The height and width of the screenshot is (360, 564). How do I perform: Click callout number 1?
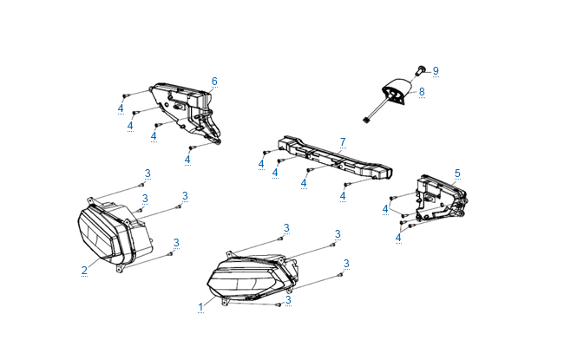coord(200,307)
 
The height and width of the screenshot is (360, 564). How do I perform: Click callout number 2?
coord(84,270)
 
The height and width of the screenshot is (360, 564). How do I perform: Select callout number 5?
coord(457,173)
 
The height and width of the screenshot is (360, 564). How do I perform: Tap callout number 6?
coord(214,82)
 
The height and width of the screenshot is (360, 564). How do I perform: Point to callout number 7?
coord(343,142)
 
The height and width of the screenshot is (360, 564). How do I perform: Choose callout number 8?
coord(422,92)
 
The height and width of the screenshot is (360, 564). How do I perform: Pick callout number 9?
coord(436,71)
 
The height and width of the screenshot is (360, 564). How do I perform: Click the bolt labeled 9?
coord(420,70)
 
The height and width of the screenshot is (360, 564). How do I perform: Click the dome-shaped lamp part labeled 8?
coord(396,91)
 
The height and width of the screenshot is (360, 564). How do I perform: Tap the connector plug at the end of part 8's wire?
coord(367,120)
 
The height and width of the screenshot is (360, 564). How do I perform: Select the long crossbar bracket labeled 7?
coord(335,158)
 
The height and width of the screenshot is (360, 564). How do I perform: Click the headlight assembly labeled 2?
coord(115,234)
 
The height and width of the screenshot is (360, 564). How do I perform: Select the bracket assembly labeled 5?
coord(441,200)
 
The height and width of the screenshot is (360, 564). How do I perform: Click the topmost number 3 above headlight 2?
coord(148,173)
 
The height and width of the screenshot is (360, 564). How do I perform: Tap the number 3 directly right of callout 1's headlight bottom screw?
coord(288,300)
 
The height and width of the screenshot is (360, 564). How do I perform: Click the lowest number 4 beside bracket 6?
coord(187,160)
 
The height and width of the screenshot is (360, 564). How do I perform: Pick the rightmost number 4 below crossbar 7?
coord(343,196)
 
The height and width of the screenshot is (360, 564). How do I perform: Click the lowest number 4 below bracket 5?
coord(398,238)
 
